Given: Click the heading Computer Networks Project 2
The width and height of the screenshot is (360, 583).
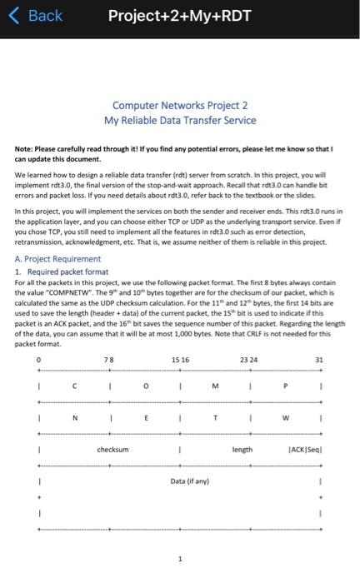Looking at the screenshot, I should point(180,106).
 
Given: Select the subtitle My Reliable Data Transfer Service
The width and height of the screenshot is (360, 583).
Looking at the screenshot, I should point(180,121).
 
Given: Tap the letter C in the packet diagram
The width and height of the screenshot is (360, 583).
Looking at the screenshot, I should point(74,385).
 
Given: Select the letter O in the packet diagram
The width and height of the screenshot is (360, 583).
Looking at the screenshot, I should point(145,385).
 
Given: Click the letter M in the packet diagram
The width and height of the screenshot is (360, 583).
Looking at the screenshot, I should point(215,385).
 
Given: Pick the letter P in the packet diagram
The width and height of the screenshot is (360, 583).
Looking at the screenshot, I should point(286,385).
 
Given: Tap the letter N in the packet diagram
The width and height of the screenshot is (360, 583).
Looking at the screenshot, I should point(74,419).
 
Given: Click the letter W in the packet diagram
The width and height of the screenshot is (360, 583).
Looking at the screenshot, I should point(286,419).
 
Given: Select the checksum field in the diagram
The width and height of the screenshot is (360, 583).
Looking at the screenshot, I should point(113,449).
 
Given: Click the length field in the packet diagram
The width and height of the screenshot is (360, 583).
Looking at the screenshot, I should point(242,449).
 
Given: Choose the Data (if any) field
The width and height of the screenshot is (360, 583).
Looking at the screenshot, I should point(189,481).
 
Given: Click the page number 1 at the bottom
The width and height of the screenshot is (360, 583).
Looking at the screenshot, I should point(180,559).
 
